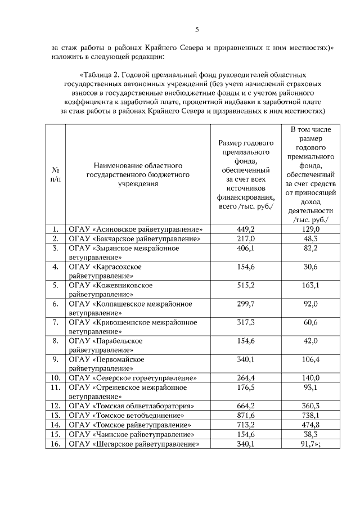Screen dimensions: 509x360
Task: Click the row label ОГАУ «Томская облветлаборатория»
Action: pos(132,406)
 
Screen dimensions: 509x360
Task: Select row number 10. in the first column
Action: pos(56,377)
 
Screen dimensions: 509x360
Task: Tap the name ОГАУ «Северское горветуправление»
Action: pos(132,377)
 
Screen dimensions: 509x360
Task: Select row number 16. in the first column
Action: pos(56,444)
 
